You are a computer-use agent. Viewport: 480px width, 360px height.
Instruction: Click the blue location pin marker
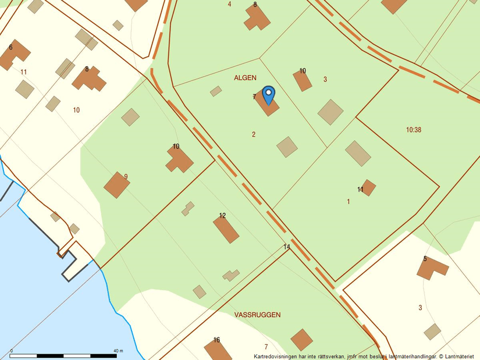pos(268,94)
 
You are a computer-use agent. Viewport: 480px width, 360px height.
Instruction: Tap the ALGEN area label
pos(245,78)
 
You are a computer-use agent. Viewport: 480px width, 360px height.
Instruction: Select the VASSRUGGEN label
pos(257,315)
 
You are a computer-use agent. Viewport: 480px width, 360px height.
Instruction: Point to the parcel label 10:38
pos(414,130)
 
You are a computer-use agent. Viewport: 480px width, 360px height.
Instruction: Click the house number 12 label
pos(222,216)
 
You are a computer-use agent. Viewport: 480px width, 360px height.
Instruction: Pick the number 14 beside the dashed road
pos(287,247)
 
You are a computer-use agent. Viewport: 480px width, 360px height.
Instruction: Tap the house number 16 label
pos(216,340)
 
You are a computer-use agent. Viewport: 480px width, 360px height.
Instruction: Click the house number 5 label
pos(425,259)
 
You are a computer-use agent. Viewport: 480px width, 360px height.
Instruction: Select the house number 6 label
pos(10,47)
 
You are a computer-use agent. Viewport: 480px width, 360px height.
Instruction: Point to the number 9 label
pos(126,177)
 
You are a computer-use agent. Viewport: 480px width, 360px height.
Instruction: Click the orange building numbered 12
pos(226,229)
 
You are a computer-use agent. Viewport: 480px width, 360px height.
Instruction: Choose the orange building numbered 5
pos(432,268)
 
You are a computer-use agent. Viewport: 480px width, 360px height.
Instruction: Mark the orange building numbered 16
pos(218,351)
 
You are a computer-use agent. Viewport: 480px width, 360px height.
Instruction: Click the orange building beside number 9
pos(116,185)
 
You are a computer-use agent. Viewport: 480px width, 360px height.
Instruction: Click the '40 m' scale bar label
pos(118,351)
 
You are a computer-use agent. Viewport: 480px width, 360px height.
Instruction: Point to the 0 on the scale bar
pos(12,351)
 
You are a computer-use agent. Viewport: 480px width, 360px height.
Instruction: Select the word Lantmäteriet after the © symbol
pos(461,356)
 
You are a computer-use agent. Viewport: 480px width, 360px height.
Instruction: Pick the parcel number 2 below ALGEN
pos(254,134)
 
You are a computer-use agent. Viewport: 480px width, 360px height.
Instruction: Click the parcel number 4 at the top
pos(229,4)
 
